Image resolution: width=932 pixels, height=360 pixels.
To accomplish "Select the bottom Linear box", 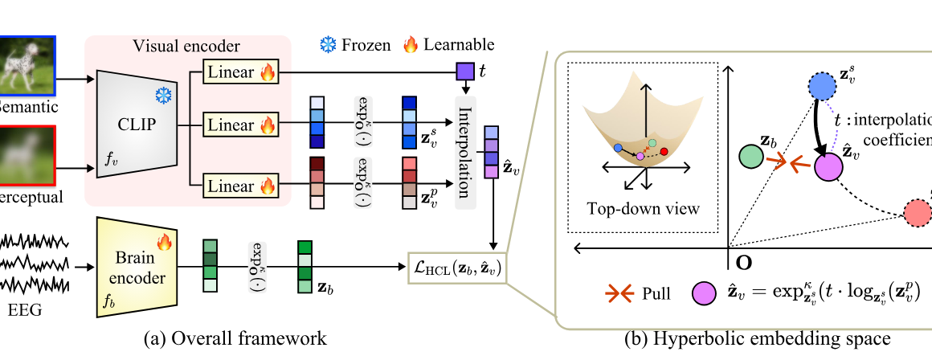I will pyautogui.click(x=241, y=186).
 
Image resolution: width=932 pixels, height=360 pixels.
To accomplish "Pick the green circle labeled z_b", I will pyautogui.click(x=749, y=156).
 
